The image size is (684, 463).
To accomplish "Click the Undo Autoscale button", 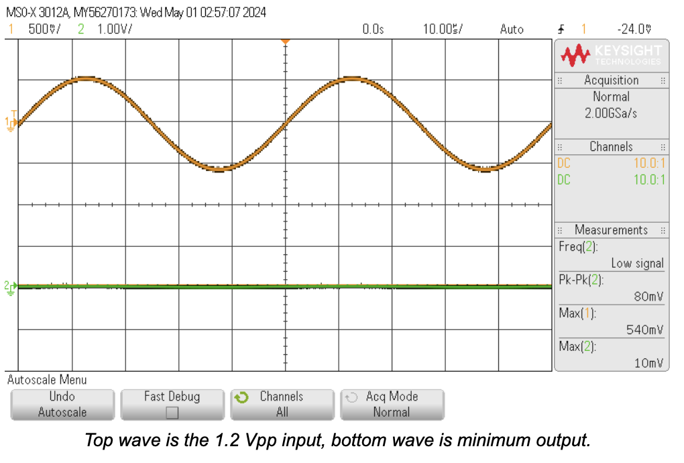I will (62, 405).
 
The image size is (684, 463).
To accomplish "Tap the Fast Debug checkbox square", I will (172, 412).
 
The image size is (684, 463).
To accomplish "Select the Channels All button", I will (282, 405).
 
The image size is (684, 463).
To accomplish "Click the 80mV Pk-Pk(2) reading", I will (648, 296).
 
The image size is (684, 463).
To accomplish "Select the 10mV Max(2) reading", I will (648, 363).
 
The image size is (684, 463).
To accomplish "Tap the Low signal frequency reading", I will (636, 263).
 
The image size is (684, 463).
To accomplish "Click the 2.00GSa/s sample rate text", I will (611, 113).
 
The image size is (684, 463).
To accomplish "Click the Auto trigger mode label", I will (512, 30).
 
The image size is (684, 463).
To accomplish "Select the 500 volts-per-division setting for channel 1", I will (44, 30).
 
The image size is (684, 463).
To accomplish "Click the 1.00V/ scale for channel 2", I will (115, 30).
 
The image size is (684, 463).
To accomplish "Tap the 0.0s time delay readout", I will (373, 30).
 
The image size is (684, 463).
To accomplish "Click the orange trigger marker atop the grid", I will (285, 42).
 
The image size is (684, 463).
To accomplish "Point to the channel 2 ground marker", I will (10, 287).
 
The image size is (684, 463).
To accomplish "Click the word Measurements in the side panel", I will (611, 230).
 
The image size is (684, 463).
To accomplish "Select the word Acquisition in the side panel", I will (611, 80).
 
